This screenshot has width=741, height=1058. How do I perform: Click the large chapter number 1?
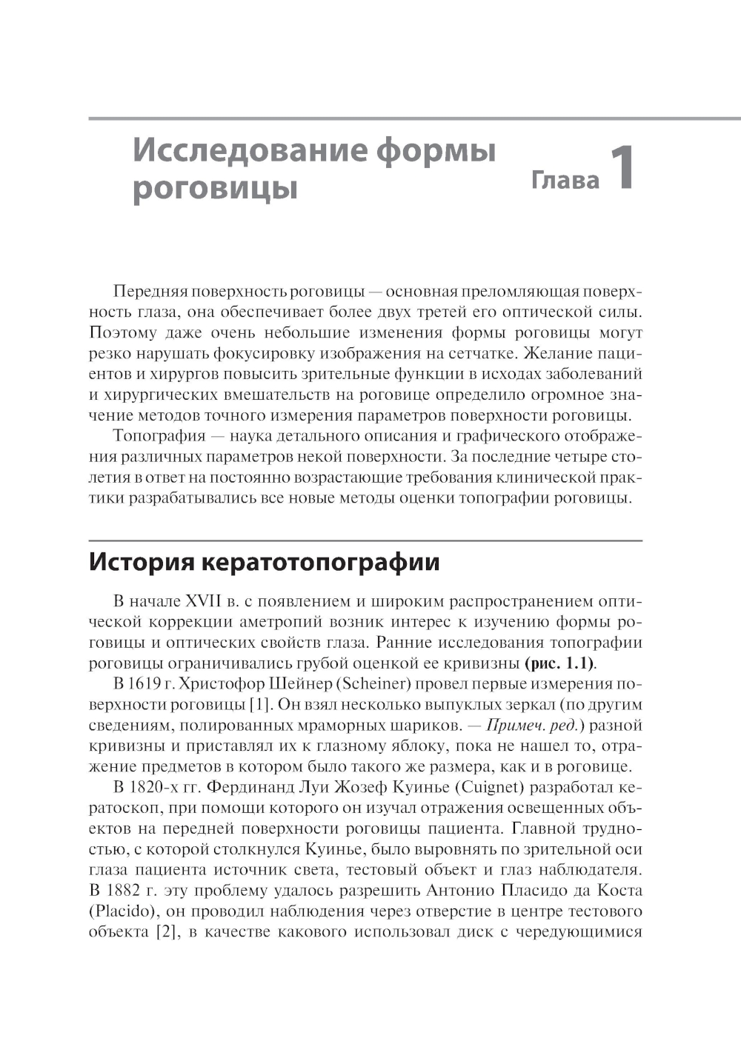click(621, 170)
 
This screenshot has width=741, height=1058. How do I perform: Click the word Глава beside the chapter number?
click(565, 180)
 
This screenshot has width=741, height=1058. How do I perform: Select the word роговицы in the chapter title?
click(215, 188)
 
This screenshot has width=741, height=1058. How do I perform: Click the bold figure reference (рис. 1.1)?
click(559, 663)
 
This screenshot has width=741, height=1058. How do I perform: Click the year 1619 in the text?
click(143, 683)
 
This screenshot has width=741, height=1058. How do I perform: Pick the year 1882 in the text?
click(144, 890)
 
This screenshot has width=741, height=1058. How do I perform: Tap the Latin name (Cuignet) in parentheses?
click(483, 787)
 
